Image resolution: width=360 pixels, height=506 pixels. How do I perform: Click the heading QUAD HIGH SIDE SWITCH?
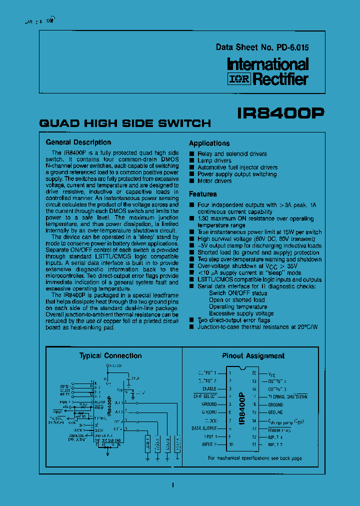coord(125,123)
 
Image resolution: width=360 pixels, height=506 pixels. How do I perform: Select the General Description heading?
coord(78,142)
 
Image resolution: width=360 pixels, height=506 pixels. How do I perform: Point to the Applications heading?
coord(209,143)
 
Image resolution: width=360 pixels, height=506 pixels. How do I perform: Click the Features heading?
coord(203,194)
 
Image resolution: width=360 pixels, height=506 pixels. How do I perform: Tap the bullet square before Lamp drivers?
coord(192,161)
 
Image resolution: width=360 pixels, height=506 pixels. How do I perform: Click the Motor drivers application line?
coord(214,181)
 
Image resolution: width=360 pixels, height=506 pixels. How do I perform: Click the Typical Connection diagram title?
coord(110,356)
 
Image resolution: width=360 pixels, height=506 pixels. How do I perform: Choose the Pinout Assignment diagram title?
coord(253,356)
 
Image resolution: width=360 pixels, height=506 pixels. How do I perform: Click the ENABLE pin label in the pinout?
coord(209,388)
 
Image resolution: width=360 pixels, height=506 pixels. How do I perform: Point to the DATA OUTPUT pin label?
coord(204,428)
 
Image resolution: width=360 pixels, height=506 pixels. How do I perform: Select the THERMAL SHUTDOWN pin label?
coord(287,396)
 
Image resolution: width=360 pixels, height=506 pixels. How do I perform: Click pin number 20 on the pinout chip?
coord(254,373)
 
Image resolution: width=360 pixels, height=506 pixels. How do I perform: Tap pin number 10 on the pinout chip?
coord(230,444)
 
